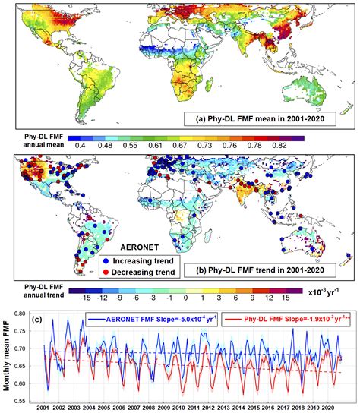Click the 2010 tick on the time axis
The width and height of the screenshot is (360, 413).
click(187, 407)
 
